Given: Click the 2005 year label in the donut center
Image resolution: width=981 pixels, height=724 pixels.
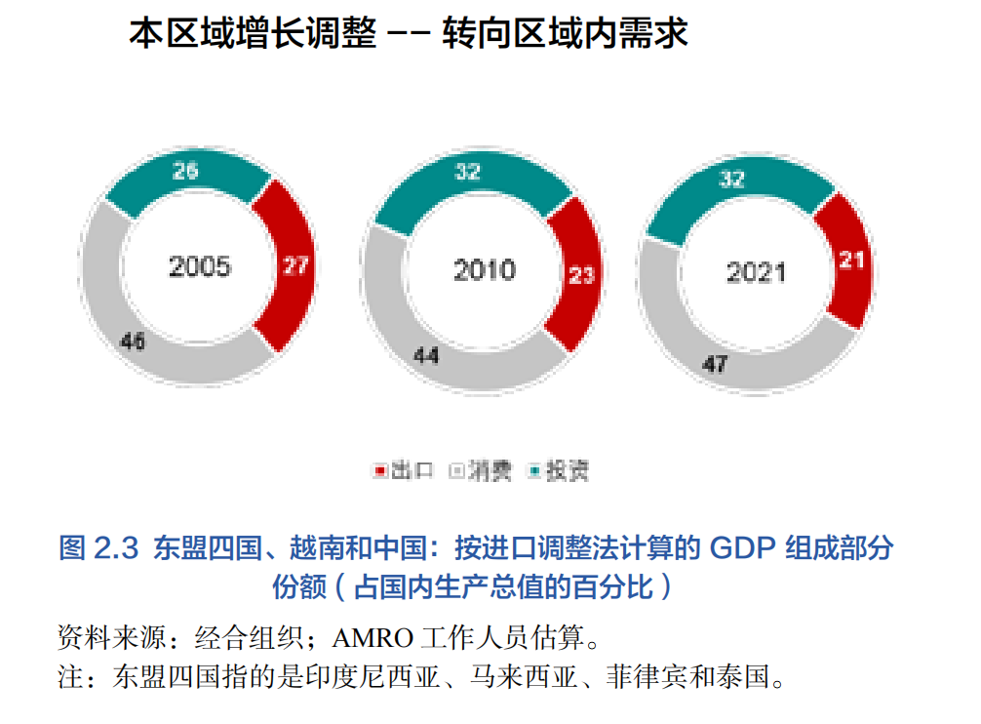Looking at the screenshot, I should click(x=199, y=266).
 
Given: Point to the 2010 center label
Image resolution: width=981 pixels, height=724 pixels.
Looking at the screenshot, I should click(x=484, y=269).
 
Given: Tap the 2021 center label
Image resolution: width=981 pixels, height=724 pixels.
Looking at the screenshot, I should click(x=756, y=272).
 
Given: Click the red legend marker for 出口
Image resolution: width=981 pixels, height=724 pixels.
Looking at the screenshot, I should click(x=381, y=472).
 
